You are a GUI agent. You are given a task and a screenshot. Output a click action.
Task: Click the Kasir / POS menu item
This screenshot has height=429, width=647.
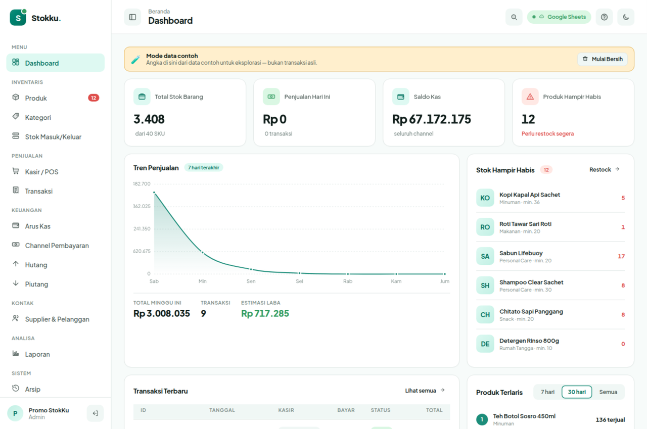[x=41, y=172]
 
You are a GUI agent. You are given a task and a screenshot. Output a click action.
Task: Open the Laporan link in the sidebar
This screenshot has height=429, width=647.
[x=37, y=354]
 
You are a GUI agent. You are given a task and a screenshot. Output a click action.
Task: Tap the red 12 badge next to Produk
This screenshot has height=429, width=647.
[x=94, y=98]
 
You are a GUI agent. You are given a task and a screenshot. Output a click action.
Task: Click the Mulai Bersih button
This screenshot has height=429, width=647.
[x=603, y=59]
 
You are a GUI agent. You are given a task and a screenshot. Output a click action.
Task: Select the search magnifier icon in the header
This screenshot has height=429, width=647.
[x=514, y=17]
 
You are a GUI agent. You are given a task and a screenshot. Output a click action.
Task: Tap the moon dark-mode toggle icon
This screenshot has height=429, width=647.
[x=626, y=17]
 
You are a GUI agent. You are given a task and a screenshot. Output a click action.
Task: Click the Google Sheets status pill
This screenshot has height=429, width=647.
[x=559, y=17]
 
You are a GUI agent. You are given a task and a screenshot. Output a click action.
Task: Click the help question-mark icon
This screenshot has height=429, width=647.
[x=604, y=17]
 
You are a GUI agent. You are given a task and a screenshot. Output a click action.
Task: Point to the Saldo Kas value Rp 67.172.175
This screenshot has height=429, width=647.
[x=432, y=119]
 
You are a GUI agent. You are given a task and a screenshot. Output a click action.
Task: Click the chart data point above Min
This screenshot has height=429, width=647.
[x=203, y=253]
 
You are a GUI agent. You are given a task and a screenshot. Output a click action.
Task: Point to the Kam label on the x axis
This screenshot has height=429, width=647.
[x=396, y=281]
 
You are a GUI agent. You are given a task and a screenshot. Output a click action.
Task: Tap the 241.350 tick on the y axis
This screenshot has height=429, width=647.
[x=142, y=228]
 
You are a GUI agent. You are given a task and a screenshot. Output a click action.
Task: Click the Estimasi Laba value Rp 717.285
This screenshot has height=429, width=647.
[x=265, y=313]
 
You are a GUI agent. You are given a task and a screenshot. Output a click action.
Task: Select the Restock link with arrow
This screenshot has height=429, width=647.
[x=604, y=169]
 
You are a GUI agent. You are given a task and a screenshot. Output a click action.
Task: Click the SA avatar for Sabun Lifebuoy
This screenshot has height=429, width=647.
[x=485, y=256]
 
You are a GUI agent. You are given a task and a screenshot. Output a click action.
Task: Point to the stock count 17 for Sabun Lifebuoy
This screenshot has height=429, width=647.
[x=621, y=256]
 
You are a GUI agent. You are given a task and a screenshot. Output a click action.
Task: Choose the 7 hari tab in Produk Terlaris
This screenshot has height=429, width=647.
[x=547, y=392]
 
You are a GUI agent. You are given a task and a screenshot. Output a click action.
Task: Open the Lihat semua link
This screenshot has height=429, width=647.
[x=425, y=391]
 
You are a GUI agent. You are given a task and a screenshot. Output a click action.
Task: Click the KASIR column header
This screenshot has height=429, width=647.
[x=286, y=410]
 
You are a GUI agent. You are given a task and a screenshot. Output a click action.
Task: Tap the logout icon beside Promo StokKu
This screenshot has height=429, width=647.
[x=96, y=413]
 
